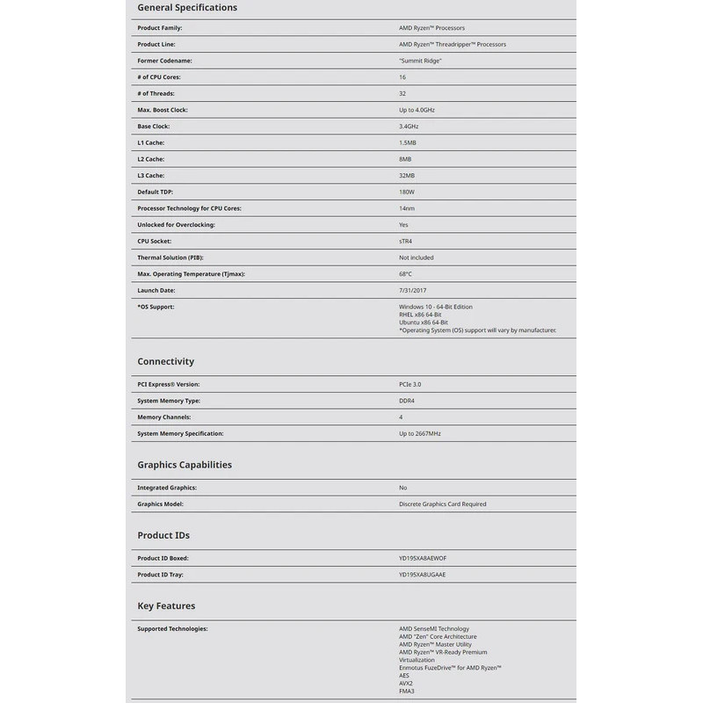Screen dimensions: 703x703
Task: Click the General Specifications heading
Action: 187,8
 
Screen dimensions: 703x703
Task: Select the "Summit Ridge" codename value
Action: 420,61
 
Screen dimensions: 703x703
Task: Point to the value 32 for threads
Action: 402,93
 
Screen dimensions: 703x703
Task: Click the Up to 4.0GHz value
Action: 417,110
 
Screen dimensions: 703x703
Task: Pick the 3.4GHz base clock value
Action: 408,127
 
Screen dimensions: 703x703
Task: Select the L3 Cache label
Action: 150,176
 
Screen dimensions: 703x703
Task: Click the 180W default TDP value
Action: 406,192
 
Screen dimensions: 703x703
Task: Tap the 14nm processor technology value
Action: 406,208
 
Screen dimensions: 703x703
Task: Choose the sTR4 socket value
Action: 406,241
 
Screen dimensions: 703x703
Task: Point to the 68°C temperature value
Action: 405,274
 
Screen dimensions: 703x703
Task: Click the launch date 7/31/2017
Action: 411,290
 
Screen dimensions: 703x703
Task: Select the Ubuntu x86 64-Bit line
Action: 423,323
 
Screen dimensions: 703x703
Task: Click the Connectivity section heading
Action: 165,361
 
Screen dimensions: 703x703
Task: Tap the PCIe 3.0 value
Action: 410,384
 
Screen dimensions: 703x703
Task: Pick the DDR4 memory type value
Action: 406,401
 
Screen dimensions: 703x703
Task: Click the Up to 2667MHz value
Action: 419,433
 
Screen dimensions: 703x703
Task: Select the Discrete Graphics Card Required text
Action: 442,504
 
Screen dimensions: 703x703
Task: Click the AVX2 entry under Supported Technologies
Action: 406,684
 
